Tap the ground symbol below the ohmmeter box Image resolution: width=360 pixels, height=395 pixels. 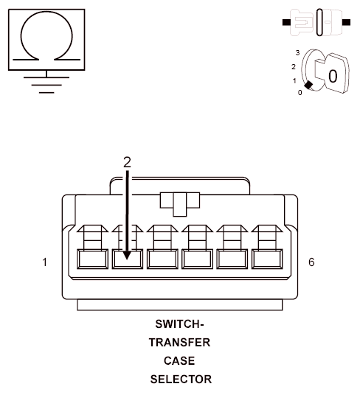pyautogui.click(x=47, y=83)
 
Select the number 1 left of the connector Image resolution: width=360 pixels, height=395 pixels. pyautogui.click(x=46, y=262)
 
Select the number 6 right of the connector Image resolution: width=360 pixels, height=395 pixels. pyautogui.click(x=311, y=262)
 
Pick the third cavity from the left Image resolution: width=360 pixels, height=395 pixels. pyautogui.click(x=162, y=259)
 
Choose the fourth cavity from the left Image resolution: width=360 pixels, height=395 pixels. pyautogui.click(x=198, y=259)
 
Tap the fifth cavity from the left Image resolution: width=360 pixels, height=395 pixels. pyautogui.click(x=232, y=259)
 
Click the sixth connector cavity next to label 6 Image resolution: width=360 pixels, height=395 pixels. pyautogui.click(x=267, y=259)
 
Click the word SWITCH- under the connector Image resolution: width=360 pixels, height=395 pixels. pyautogui.click(x=180, y=324)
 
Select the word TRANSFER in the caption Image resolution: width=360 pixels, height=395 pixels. pyautogui.click(x=180, y=343)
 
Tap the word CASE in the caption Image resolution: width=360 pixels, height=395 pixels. pyautogui.click(x=180, y=361)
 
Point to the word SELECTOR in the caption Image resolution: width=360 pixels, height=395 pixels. pyautogui.click(x=180, y=380)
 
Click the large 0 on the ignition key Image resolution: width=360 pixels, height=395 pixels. pyautogui.click(x=332, y=75)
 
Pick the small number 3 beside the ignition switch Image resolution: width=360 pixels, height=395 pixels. pyautogui.click(x=297, y=53)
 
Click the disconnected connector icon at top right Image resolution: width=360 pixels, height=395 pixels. pyautogui.click(x=316, y=22)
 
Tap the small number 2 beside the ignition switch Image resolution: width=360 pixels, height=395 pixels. pyautogui.click(x=293, y=66)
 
